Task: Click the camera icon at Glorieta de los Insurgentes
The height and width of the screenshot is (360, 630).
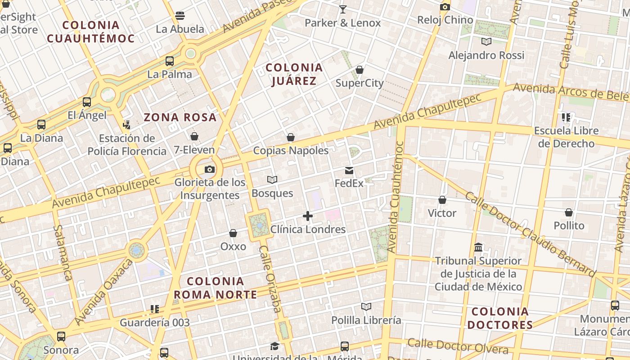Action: click(210, 170)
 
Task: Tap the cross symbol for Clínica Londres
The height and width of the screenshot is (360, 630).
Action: click(308, 216)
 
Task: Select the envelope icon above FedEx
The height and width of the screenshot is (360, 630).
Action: click(349, 170)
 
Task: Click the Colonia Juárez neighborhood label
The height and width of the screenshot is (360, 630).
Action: click(294, 74)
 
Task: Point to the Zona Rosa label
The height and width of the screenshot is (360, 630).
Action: click(180, 118)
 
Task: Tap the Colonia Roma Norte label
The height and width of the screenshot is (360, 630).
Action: click(216, 288)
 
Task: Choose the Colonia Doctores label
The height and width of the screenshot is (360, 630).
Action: click(500, 318)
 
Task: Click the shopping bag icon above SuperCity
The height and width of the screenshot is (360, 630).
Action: click(360, 70)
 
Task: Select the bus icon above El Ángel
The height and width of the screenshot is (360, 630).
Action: click(87, 102)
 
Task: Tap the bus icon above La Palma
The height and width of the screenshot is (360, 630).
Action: click(170, 61)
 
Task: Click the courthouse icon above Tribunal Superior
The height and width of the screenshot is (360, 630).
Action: click(478, 247)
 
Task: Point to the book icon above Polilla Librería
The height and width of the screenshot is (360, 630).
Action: click(366, 307)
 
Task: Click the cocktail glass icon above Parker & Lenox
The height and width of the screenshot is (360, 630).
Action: click(343, 9)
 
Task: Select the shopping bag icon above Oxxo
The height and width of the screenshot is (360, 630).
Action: click(233, 233)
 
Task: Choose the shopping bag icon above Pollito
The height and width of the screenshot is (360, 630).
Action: click(569, 212)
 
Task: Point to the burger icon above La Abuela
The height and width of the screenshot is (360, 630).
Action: click(180, 16)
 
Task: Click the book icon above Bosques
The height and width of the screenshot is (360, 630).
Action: click(272, 180)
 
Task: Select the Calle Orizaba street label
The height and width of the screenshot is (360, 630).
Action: click(270, 279)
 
